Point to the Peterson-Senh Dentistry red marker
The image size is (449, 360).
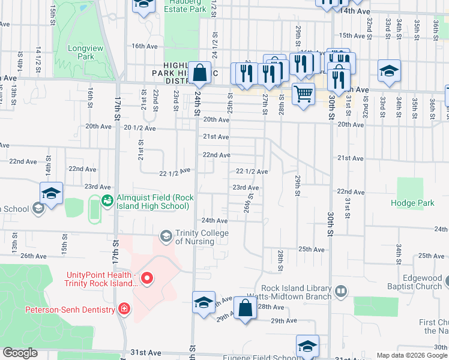pos(124,310)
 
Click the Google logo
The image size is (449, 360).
pos(20,353)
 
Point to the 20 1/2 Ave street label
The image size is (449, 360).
pos(139,128)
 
